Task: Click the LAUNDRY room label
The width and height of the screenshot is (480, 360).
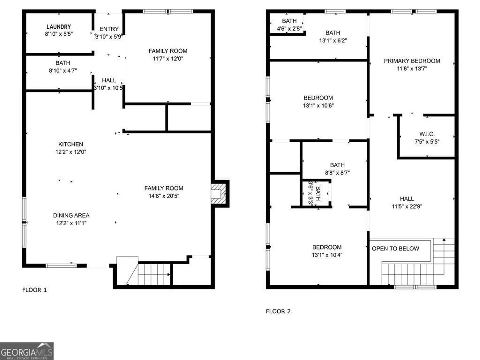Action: click(59, 27)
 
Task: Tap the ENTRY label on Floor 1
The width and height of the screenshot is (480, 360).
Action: click(109, 29)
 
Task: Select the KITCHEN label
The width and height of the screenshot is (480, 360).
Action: click(71, 144)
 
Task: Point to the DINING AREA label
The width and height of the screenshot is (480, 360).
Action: click(71, 215)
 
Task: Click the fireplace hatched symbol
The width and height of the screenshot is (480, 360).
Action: click(218, 194)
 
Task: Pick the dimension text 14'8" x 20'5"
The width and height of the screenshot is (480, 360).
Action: click(164, 196)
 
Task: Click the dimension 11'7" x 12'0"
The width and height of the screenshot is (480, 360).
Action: click(168, 59)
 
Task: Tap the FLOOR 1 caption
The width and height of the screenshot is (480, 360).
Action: click(34, 290)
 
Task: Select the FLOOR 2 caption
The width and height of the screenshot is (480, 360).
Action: click(278, 311)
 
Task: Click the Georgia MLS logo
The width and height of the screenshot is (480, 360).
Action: click(27, 351)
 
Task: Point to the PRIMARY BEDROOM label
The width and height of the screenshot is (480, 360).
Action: click(412, 61)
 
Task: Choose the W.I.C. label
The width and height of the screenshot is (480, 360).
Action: click(427, 134)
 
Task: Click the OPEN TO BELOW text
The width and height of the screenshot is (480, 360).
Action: click(395, 249)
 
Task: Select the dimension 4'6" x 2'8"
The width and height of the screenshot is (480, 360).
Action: click(289, 29)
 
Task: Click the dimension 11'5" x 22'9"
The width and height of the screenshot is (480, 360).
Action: click(407, 206)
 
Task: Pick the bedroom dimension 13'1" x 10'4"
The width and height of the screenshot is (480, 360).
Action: click(327, 255)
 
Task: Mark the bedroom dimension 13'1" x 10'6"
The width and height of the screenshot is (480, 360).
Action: click(318, 106)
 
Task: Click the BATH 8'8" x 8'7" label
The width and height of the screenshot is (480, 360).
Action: click(337, 169)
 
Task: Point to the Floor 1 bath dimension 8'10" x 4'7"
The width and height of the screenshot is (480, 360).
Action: click(63, 71)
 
